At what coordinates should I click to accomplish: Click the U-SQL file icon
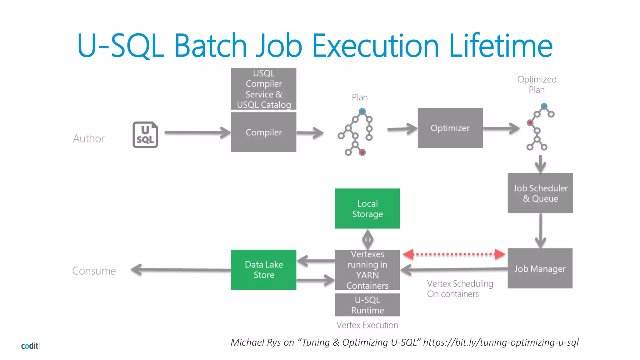point(145,135)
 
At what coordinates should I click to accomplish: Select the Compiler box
point(263,132)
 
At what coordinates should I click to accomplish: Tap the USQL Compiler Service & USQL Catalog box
point(263,89)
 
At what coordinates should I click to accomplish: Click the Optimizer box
point(450,128)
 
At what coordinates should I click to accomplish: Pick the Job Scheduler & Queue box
point(540,193)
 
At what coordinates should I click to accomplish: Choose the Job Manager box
point(540,268)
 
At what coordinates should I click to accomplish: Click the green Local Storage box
point(367,208)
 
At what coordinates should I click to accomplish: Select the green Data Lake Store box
point(263,270)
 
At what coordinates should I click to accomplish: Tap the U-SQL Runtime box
point(367,305)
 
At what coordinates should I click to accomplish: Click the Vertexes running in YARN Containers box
point(367,270)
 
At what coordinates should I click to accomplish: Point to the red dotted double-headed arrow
point(454,254)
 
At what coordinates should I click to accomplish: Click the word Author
point(89,138)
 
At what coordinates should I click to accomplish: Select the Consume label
point(94,271)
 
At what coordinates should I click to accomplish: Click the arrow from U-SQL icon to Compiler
point(197,132)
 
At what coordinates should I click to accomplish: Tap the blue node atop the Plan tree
point(362,111)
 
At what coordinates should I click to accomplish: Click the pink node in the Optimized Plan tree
point(530,123)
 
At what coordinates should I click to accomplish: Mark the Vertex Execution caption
point(367,325)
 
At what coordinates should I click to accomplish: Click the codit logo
point(30,346)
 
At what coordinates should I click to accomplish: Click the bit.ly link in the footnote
point(501,342)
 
